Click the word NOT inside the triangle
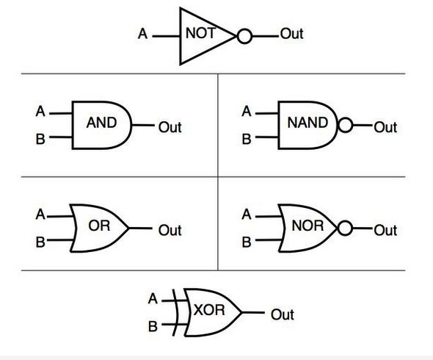pos(200,33)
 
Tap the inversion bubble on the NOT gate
pos(244,36)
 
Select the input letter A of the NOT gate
pos(143,34)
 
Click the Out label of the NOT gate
pos(291,34)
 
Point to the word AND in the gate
pos(101,123)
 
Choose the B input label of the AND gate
pos(40,139)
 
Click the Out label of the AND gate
pos(170,127)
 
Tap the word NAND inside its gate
pos(308,123)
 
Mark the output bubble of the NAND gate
pos(345,125)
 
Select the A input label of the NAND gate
pos(247,112)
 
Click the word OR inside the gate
pos(99,226)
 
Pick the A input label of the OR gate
pos(40,215)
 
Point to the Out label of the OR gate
pos(170,230)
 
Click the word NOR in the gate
pos(308,226)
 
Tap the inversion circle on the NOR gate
pos(345,228)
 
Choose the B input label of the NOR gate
pos(247,242)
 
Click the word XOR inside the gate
pos(209,310)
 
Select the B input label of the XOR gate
pos(153,326)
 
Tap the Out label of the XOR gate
pos(283,314)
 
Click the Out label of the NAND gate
pos(385,127)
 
